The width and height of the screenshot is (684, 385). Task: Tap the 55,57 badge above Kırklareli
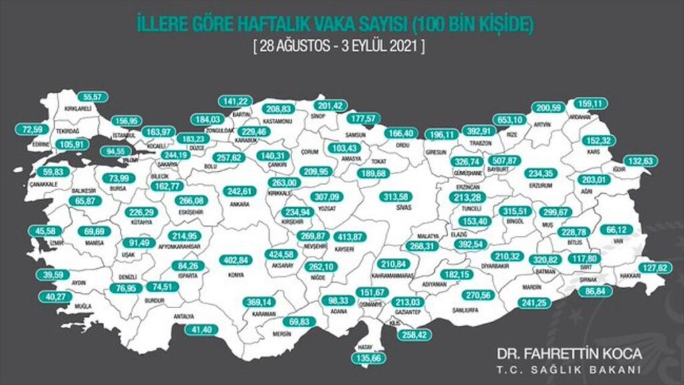(x=92, y=96)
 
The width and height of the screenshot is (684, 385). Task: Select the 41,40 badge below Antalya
(x=200, y=330)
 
